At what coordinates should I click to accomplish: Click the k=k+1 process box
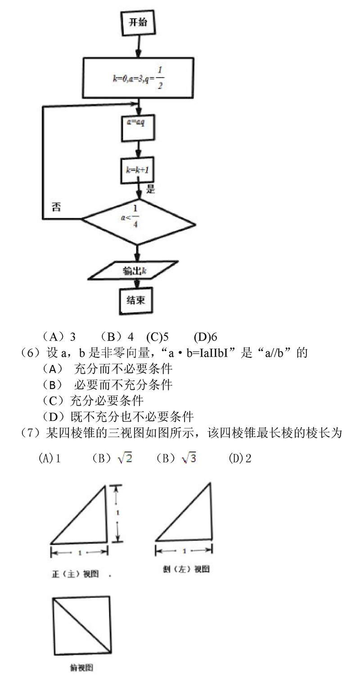(x=138, y=170)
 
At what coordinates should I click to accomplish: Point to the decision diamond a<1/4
(x=138, y=220)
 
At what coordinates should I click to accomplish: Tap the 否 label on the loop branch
(x=56, y=207)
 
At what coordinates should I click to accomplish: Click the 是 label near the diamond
(x=151, y=189)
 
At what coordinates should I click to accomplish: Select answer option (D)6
(x=206, y=337)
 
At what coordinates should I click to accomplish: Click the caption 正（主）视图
(x=75, y=574)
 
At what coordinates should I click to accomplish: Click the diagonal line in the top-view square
(x=81, y=625)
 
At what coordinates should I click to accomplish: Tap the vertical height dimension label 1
(x=117, y=513)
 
